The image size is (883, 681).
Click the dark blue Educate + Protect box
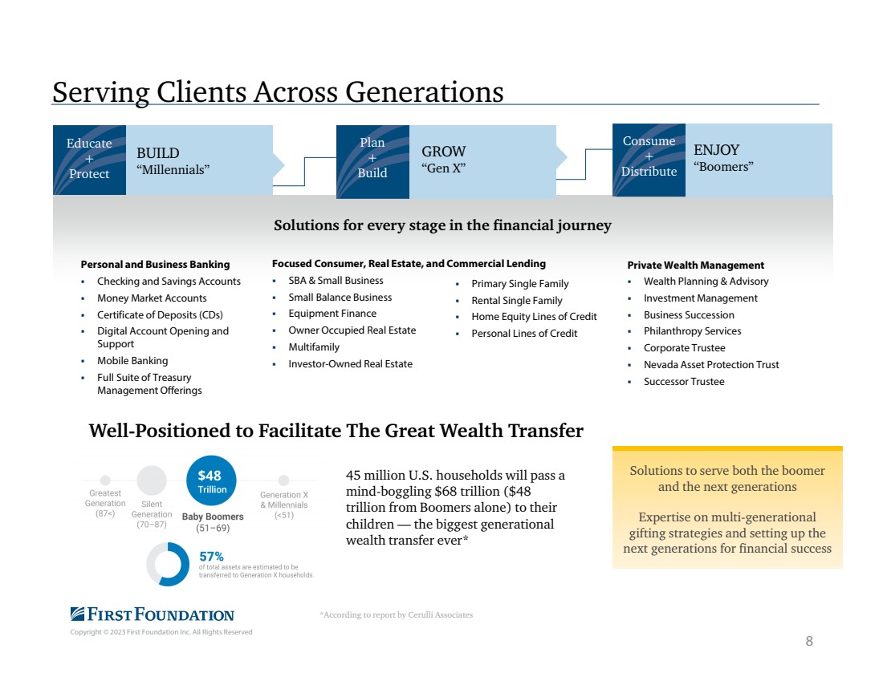click(90, 160)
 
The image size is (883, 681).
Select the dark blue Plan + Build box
click(372, 161)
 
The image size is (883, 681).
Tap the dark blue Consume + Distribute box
click(649, 160)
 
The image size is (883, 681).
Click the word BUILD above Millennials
click(157, 153)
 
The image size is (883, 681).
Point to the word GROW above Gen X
click(444, 152)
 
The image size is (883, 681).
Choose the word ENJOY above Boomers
click(716, 150)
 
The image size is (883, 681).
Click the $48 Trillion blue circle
click(211, 481)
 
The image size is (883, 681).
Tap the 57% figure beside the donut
click(211, 557)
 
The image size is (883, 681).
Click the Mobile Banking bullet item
click(132, 361)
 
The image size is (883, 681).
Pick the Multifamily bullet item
click(314, 347)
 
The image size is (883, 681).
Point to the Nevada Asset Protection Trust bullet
click(711, 365)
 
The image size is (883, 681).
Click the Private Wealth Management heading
click(695, 265)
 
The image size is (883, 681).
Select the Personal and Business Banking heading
click(155, 265)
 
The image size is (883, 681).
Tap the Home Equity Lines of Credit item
click(534, 317)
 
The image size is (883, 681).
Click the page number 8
click(809, 641)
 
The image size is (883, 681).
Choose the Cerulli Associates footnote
click(397, 614)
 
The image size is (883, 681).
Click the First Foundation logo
click(152, 614)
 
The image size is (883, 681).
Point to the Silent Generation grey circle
click(152, 480)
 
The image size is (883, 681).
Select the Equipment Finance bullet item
click(332, 314)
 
